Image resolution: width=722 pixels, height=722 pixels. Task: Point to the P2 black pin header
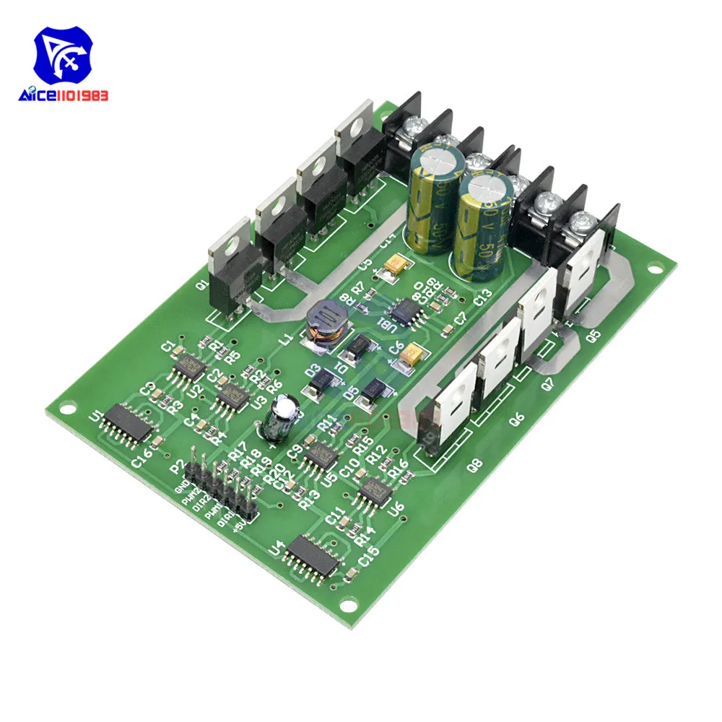click(220, 487)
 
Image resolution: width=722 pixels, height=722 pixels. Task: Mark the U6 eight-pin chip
click(375, 490)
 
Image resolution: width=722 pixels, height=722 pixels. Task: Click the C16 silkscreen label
click(142, 456)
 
